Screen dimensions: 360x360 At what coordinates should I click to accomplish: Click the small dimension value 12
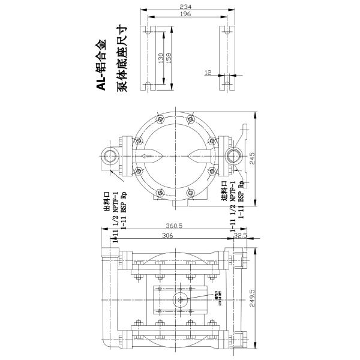pyautogui.click(x=208, y=73)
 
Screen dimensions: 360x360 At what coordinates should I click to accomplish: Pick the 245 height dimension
pyautogui.click(x=253, y=158)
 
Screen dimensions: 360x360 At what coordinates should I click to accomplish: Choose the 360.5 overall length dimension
pyautogui.click(x=174, y=227)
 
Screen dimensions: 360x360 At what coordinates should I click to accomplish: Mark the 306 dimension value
pyautogui.click(x=167, y=236)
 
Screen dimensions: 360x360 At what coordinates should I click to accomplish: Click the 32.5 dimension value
pyautogui.click(x=241, y=236)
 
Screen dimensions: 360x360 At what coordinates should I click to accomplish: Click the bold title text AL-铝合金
pyautogui.click(x=103, y=65)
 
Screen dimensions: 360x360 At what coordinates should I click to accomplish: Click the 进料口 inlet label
pyautogui.click(x=224, y=191)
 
